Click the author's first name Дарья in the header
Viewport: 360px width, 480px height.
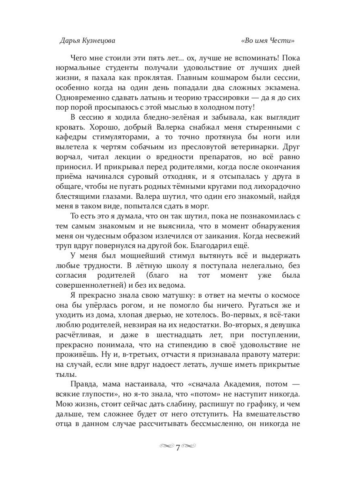70,40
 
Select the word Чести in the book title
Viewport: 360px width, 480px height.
284,40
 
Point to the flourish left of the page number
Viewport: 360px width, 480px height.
166,446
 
